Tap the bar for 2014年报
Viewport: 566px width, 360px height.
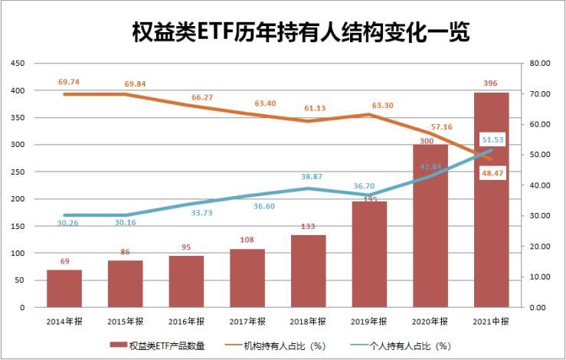[64, 289]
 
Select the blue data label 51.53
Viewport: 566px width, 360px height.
[492, 139]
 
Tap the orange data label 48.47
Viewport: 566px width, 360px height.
[492, 174]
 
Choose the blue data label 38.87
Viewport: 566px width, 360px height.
[308, 176]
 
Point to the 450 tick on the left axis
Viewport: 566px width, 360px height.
[17, 64]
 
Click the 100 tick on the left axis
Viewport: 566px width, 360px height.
[17, 253]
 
